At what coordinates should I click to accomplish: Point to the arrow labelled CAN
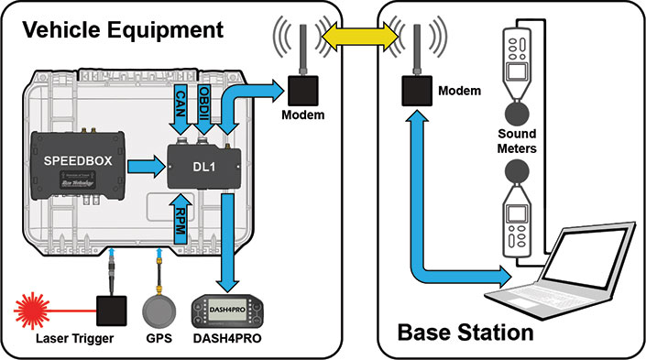180,109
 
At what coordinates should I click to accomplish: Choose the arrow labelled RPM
180,218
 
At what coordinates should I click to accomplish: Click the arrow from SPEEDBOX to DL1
141,166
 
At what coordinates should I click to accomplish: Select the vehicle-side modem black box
301,89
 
